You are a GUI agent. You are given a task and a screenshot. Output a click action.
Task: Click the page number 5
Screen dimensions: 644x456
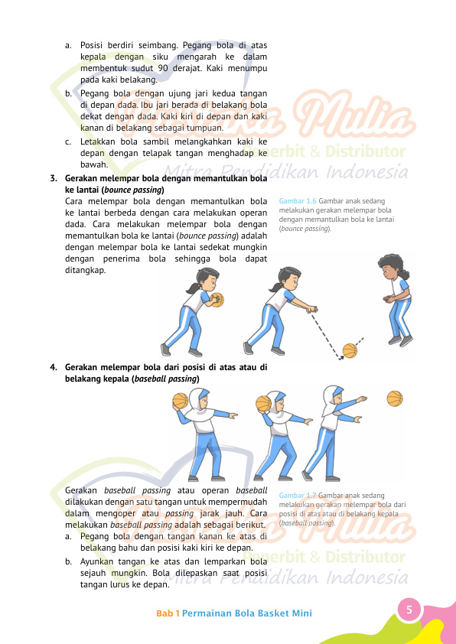point(409,610)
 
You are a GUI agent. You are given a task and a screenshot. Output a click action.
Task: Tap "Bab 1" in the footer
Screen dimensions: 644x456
point(168,613)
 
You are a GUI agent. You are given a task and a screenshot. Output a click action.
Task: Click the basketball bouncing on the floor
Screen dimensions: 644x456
point(350,350)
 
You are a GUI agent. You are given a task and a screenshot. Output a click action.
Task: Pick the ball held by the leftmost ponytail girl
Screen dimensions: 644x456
point(217,299)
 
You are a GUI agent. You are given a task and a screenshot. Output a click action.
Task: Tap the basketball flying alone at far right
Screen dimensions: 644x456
point(395,398)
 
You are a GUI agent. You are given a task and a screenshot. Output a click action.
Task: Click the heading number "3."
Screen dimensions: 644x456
point(54,179)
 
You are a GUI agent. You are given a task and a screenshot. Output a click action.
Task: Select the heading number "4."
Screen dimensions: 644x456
point(54,367)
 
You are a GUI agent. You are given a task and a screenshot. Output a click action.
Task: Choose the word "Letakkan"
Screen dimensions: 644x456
point(99,141)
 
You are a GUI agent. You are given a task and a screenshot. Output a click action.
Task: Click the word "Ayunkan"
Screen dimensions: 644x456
point(99,561)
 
